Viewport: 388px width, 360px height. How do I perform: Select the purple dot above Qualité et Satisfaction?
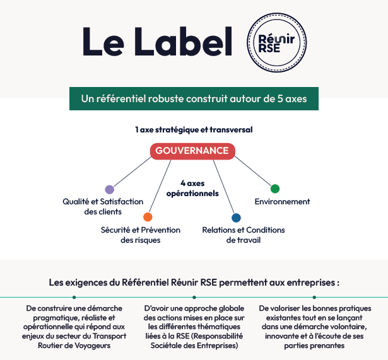(109, 189)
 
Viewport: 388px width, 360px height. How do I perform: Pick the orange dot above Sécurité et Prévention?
(148, 217)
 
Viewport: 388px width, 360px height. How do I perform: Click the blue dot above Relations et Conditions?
(236, 218)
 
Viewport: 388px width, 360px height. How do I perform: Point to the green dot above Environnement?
(275, 189)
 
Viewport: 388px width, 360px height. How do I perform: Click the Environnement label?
(282, 202)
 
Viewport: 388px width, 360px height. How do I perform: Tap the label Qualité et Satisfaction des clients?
(103, 207)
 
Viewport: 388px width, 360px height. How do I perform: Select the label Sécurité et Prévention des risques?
(141, 235)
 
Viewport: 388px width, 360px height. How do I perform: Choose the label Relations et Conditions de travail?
(243, 235)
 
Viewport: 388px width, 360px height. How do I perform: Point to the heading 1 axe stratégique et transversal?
(194, 129)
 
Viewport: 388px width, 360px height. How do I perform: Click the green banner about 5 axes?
(194, 98)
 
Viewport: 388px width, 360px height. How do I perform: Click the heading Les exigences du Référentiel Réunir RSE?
(194, 282)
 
